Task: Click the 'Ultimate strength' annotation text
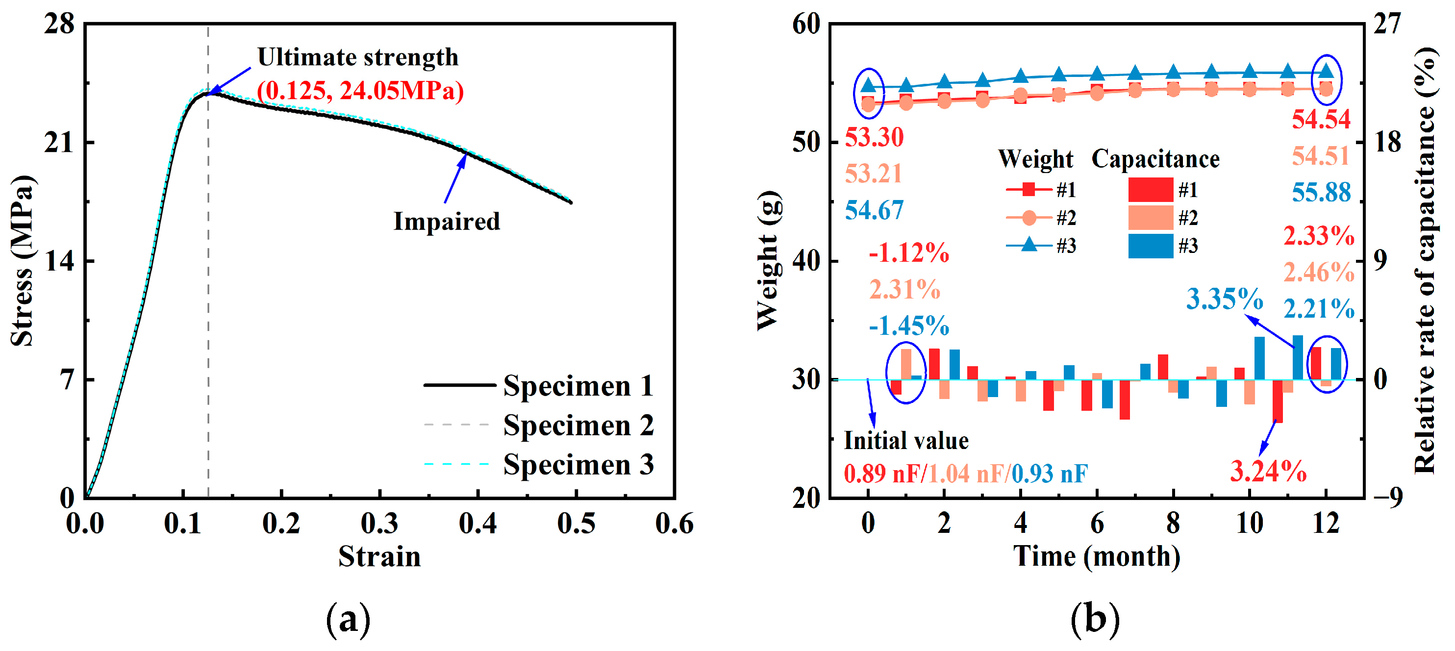point(357,57)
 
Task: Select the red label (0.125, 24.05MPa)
point(360,90)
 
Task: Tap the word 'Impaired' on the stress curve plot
point(446,221)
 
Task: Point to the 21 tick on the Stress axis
point(59,142)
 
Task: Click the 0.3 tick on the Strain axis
point(379,524)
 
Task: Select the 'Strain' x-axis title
point(379,557)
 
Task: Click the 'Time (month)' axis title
point(1096,557)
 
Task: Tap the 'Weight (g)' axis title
point(769,261)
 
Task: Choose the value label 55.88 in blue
point(1321,193)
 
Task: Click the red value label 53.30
point(874,137)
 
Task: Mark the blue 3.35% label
point(1224,299)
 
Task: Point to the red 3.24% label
point(1268,472)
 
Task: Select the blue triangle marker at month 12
point(1326,72)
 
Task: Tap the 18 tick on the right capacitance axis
point(1388,142)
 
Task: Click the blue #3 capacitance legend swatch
point(1151,246)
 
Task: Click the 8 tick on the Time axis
point(1173,524)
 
